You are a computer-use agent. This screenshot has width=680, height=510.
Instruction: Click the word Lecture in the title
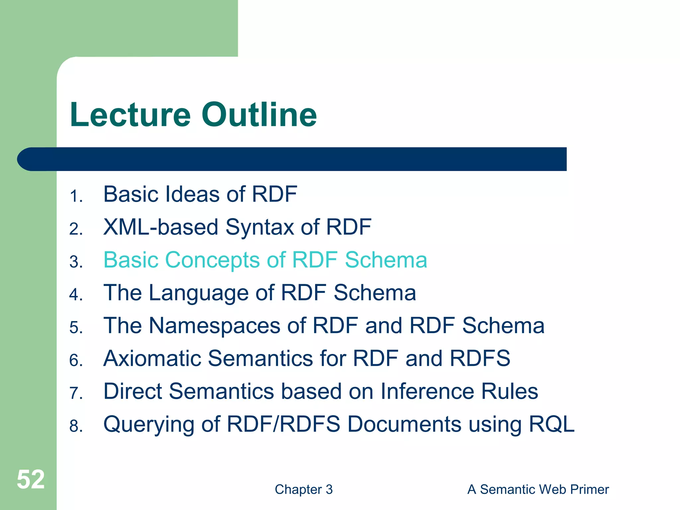click(130, 115)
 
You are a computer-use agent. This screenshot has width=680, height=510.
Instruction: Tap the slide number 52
click(31, 479)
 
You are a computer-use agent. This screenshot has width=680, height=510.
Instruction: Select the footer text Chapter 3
click(303, 489)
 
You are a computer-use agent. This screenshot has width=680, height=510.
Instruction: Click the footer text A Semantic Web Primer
click(538, 489)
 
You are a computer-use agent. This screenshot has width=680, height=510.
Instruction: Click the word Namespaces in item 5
click(214, 326)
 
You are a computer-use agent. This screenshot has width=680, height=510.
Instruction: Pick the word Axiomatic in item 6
click(152, 359)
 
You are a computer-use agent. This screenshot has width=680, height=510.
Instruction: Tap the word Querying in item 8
click(149, 425)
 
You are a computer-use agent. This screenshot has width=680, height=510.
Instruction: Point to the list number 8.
click(76, 426)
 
